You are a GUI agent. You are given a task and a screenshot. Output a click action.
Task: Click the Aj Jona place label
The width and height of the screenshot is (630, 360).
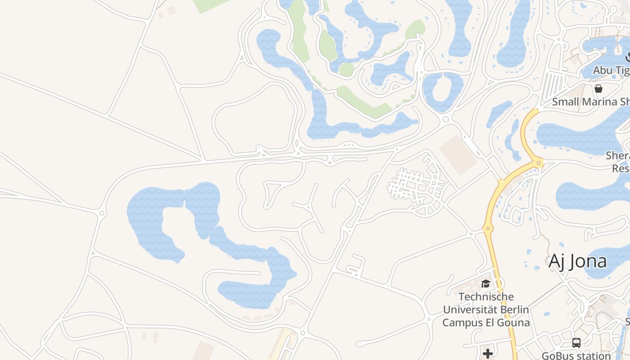point(577,261)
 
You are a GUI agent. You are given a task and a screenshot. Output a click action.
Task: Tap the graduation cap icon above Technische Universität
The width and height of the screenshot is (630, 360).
point(486,283)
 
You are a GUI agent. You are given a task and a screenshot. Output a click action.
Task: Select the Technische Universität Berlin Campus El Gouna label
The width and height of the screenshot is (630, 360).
point(486,310)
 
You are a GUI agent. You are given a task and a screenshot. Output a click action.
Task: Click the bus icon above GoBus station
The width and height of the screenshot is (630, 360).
point(576,343)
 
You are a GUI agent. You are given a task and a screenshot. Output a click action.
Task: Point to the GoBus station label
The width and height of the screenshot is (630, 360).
point(576,355)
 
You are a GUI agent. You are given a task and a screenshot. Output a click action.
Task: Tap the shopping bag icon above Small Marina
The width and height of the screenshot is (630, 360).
point(598,89)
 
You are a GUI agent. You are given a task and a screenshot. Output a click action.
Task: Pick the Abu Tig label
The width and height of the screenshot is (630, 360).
point(611,70)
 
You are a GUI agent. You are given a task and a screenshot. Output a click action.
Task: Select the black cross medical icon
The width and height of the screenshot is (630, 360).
point(487,354)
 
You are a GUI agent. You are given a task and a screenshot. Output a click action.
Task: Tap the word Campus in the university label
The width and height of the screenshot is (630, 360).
point(461,323)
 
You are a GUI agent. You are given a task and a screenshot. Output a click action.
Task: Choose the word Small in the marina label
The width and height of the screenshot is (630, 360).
point(564,102)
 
